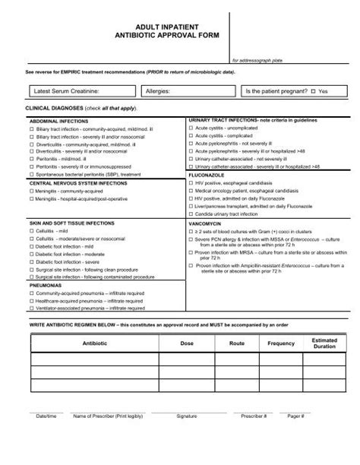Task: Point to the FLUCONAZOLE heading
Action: [x=207, y=174]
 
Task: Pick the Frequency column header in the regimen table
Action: [x=281, y=343]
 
